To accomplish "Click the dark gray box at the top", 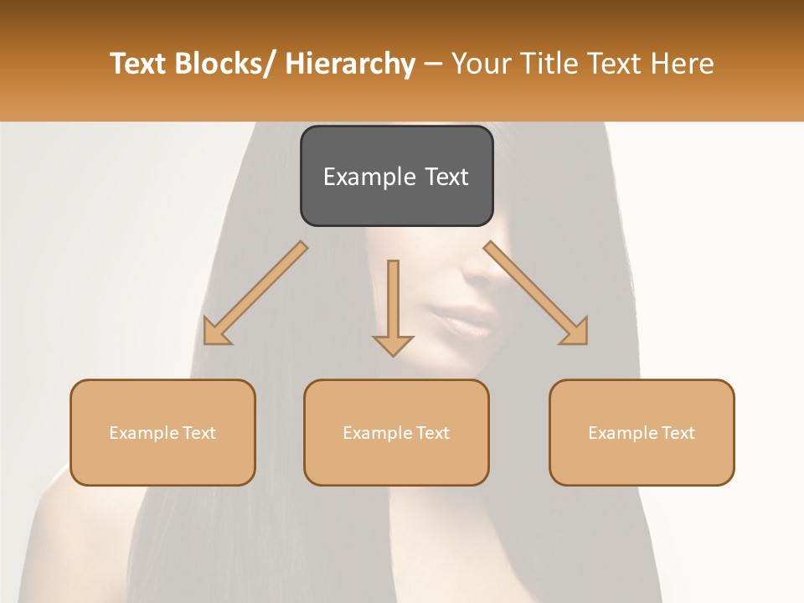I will point(396,176).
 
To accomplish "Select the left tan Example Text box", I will point(162,432).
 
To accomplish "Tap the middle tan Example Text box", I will point(396,432).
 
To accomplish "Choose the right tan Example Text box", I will point(642,432).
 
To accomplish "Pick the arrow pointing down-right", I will point(537,294).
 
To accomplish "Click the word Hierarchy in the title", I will point(350,64).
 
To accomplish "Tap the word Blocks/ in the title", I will point(227,64).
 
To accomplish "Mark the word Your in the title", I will point(478,64).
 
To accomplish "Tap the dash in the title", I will point(433,64).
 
